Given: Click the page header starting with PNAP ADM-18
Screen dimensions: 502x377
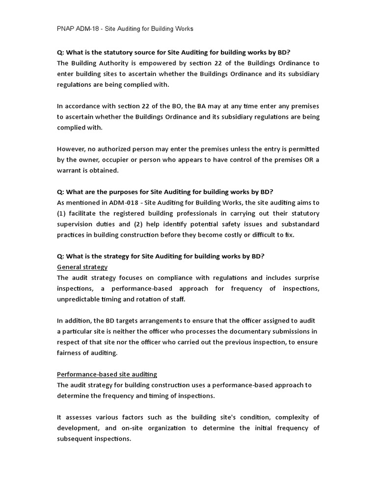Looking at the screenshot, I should click(125, 29).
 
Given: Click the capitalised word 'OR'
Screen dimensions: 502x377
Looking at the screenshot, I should click(307, 160).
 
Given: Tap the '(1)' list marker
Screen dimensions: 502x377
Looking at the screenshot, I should click(62, 213).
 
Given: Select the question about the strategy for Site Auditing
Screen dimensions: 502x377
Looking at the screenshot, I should click(161, 256).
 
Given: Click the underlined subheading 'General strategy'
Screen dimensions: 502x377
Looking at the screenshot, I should click(82, 267).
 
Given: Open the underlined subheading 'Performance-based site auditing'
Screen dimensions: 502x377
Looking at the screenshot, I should click(107, 374).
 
